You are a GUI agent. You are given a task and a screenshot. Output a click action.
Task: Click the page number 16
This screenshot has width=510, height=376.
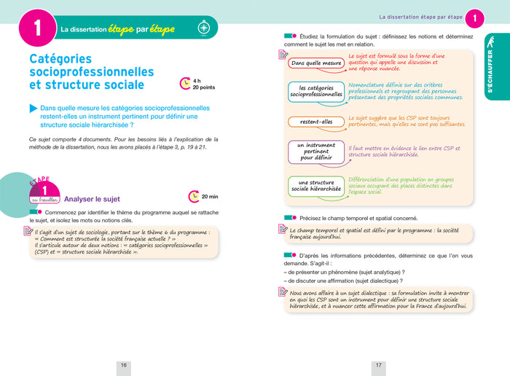pyautogui.click(x=124, y=365)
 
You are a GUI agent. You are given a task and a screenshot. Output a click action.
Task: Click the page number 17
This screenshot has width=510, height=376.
pyautogui.click(x=379, y=365)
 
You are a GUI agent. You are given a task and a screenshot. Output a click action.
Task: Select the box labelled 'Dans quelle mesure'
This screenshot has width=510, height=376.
pyautogui.click(x=316, y=63)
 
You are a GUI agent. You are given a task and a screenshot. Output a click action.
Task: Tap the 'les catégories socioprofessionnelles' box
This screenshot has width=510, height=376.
pyautogui.click(x=316, y=90)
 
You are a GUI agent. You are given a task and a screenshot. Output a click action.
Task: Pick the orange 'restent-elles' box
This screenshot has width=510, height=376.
pyautogui.click(x=315, y=122)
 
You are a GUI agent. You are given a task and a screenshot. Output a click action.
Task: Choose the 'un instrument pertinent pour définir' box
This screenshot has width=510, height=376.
pyautogui.click(x=316, y=151)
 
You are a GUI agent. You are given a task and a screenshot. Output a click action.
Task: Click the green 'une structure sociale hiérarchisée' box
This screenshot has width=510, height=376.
pyautogui.click(x=316, y=186)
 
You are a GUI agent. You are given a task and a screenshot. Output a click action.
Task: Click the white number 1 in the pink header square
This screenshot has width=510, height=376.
pyautogui.click(x=36, y=29)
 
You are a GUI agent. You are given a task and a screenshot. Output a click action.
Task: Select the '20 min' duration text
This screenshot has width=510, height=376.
pyautogui.click(x=209, y=196)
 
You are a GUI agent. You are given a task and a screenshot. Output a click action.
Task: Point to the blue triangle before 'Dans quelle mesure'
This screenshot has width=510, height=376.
pyautogui.click(x=34, y=108)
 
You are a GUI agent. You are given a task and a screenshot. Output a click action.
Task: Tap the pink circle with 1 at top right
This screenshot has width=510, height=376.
pyautogui.click(x=475, y=17)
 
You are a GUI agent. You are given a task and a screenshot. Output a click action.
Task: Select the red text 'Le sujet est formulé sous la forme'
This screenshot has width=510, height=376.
pyautogui.click(x=396, y=55)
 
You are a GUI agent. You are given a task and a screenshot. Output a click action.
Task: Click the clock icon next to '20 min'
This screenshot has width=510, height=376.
pyautogui.click(x=194, y=196)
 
